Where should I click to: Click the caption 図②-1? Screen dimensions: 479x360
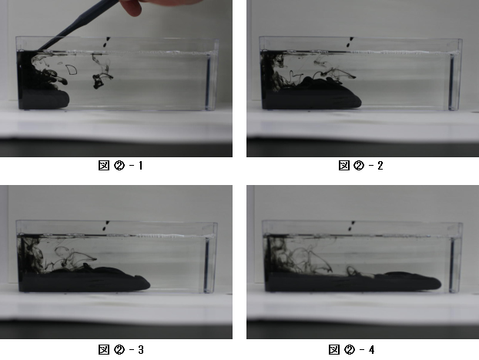(120, 166)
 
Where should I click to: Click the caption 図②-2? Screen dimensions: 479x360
(360, 166)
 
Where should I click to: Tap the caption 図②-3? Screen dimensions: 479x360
(121, 349)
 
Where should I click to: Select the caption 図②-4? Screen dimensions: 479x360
(351, 349)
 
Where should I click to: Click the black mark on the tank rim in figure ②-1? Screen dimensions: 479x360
(106, 42)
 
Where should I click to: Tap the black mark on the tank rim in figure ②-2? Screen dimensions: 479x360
(350, 42)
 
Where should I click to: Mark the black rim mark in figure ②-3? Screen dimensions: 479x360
(106, 226)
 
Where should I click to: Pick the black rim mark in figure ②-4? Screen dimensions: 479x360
(352, 226)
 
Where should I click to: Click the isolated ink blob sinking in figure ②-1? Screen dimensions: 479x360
(99, 80)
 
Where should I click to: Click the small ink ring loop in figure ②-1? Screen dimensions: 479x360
(72, 69)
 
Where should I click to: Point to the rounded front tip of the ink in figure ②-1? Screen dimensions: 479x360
(68, 99)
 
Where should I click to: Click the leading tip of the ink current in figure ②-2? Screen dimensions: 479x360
(360, 103)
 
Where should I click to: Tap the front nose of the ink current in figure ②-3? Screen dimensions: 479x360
(149, 284)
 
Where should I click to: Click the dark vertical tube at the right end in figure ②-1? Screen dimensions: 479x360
(209, 82)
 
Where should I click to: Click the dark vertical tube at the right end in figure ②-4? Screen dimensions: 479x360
(452, 265)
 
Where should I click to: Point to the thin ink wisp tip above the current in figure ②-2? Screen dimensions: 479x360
(354, 77)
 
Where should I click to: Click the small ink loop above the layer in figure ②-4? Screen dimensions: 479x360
(350, 271)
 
